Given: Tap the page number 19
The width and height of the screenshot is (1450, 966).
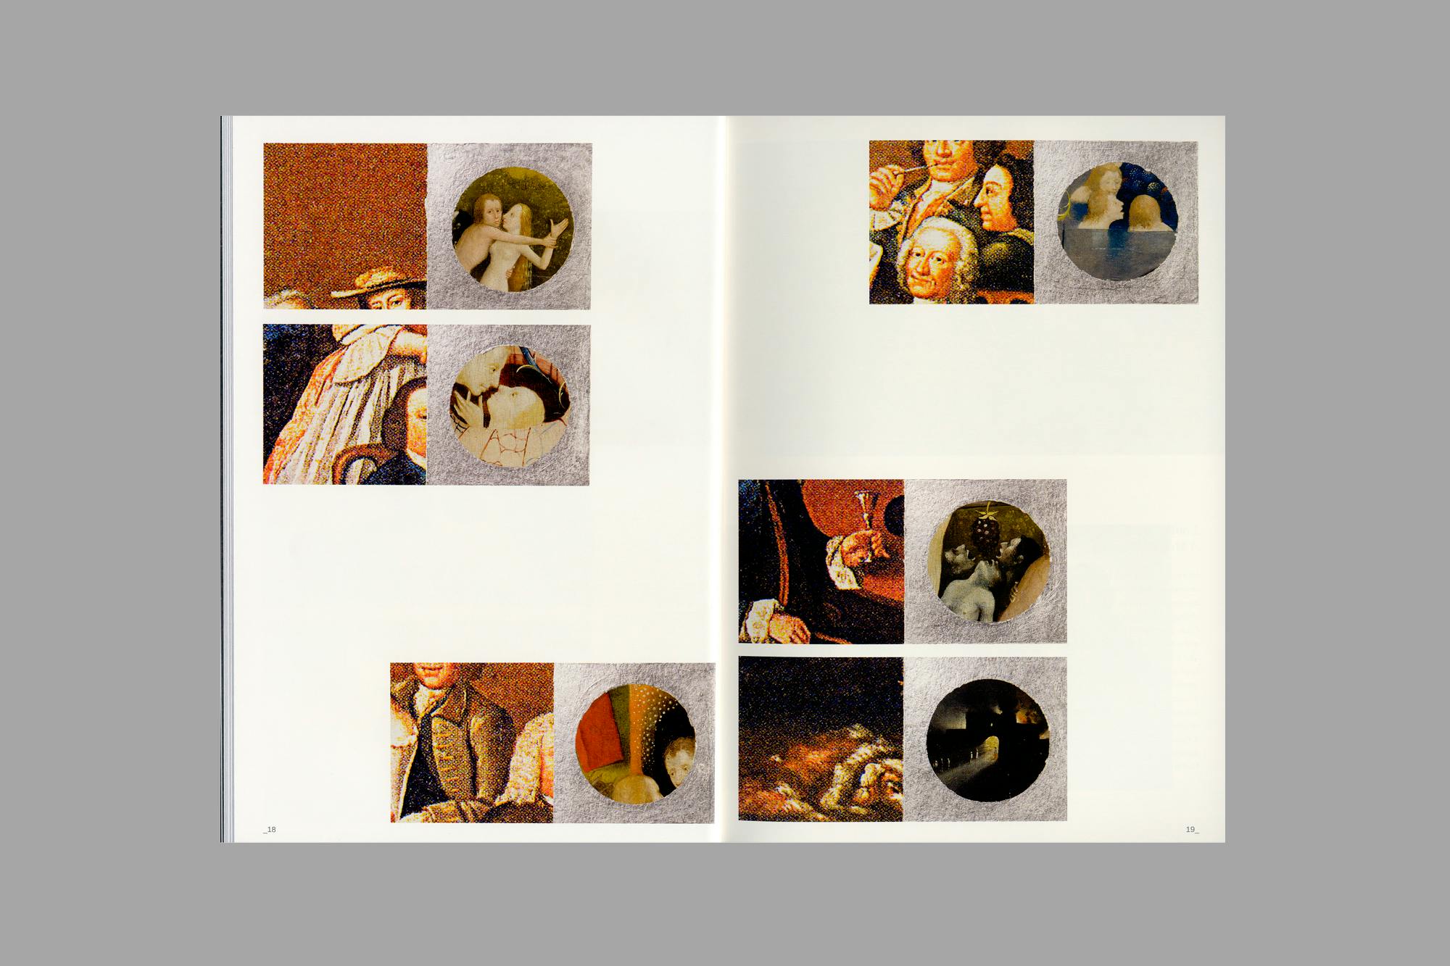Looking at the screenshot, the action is pyautogui.click(x=1192, y=830).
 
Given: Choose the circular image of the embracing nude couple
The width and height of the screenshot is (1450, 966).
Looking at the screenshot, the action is pyautogui.click(x=513, y=237).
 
